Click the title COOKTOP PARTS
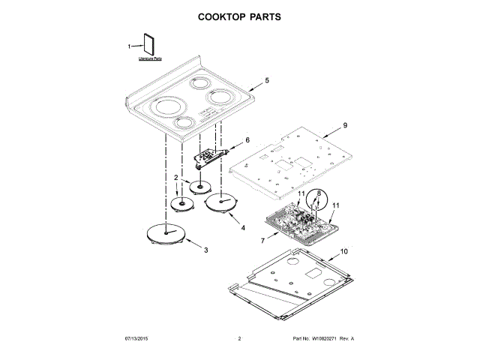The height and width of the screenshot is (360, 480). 240,16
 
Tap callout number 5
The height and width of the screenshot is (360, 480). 266,79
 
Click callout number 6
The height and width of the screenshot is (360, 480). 247,140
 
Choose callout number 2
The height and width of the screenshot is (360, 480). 175,178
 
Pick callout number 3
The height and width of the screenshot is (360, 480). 206,250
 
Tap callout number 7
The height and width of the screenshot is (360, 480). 263,241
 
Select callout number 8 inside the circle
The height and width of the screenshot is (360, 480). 317,193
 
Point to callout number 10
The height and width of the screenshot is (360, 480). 344,251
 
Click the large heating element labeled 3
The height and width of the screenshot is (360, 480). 165,234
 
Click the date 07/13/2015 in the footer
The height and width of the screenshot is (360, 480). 138,340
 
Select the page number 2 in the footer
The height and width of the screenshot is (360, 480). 239,340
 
